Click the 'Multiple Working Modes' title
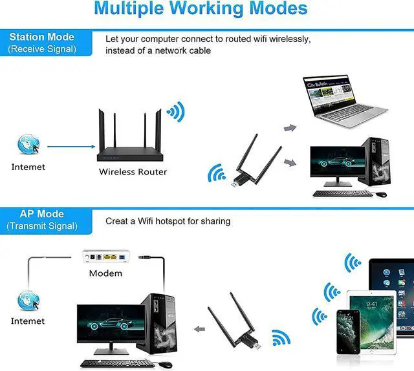point(200,9)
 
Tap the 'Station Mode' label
point(42,37)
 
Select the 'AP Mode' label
point(42,214)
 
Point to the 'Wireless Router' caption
point(133,172)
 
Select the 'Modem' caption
point(105,273)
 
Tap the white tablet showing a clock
point(371,317)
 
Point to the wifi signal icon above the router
point(175,111)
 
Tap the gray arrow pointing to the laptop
point(290,128)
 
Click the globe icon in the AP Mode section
point(28,299)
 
